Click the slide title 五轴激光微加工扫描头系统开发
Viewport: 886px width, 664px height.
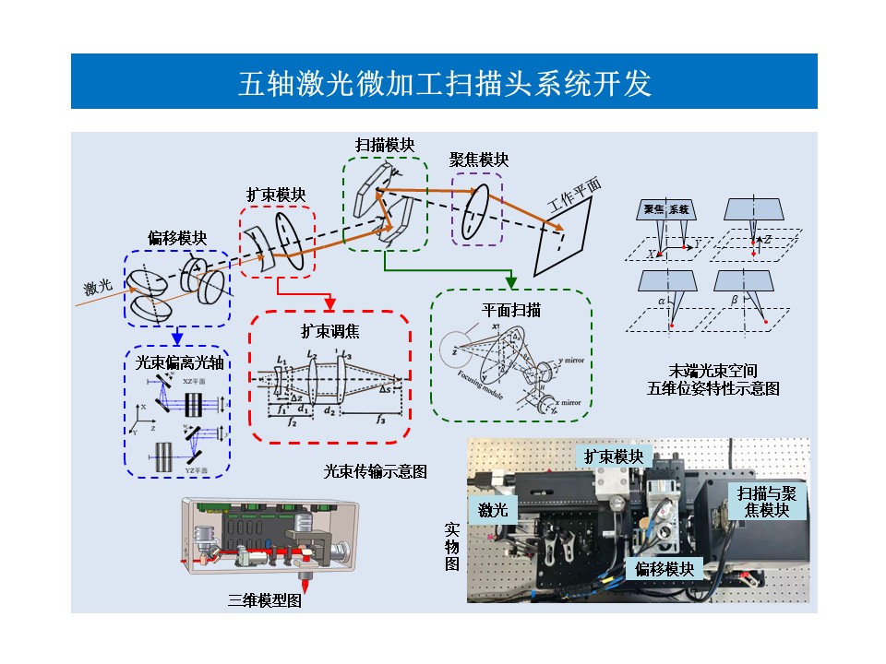(444, 82)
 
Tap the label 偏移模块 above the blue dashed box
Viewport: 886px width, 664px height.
(177, 239)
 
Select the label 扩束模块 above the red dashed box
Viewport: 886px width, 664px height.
(276, 196)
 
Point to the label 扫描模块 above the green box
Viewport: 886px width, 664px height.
(385, 146)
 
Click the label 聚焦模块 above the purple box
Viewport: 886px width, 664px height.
(479, 160)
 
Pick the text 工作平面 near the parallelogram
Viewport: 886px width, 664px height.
(575, 196)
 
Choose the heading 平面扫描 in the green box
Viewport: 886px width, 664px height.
(511, 310)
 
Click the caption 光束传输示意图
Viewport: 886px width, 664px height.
(375, 471)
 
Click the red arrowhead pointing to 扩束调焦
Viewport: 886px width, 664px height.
(329, 305)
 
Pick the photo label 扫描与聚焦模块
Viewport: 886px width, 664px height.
(767, 501)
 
